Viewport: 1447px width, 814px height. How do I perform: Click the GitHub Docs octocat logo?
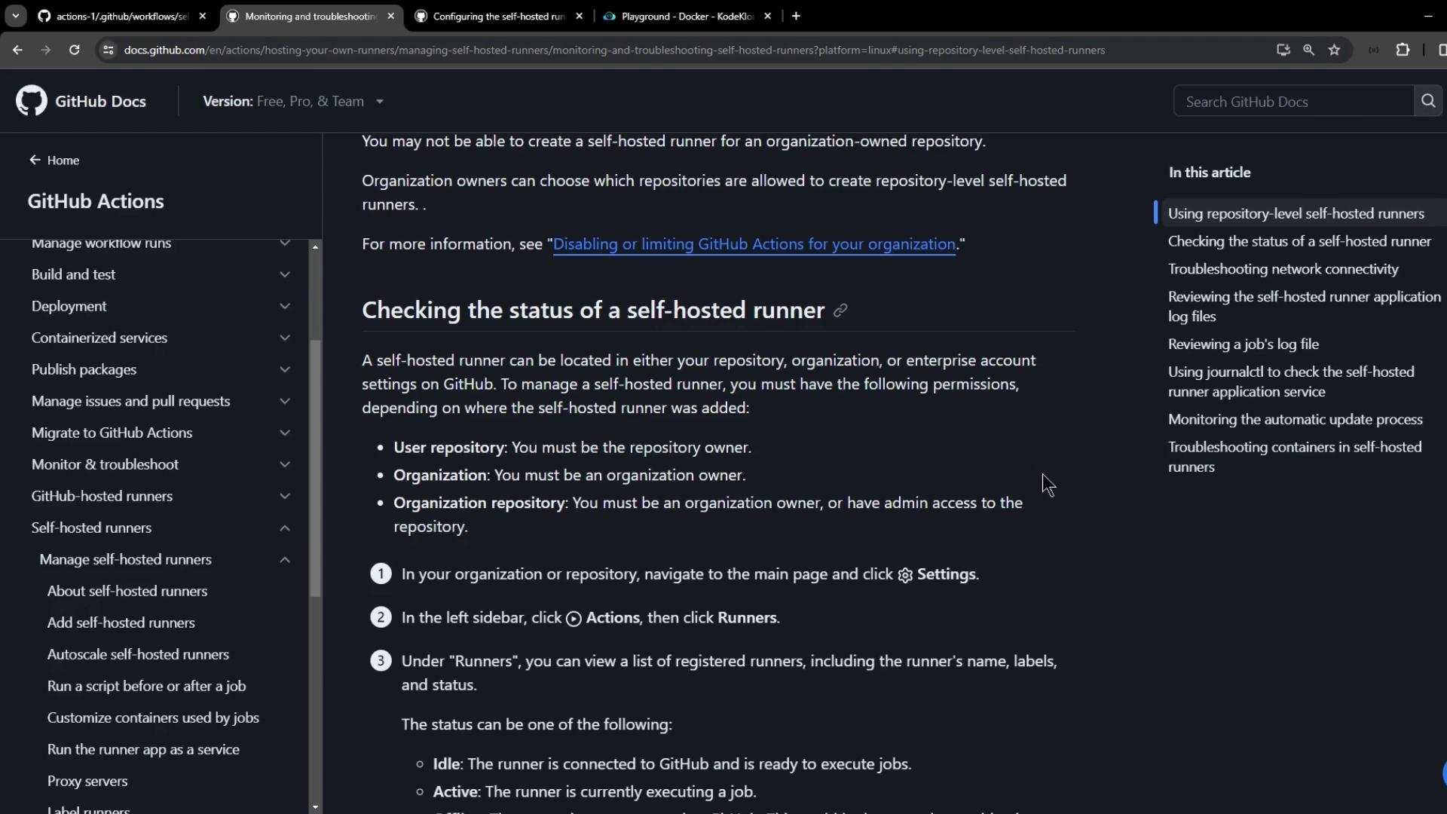(32, 101)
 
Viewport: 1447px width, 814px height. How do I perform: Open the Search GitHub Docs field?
(1293, 102)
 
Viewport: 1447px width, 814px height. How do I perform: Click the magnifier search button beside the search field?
(1428, 101)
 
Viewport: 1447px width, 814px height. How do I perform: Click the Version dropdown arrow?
(380, 102)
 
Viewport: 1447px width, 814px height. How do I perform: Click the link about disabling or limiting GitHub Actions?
(754, 244)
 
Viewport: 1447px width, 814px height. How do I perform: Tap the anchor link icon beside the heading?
(840, 311)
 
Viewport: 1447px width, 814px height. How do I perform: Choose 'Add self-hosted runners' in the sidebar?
(121, 623)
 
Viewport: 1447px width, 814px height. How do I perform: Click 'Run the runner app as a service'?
(143, 749)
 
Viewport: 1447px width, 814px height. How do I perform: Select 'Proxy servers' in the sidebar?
(87, 781)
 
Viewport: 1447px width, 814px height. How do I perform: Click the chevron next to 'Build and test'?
(285, 274)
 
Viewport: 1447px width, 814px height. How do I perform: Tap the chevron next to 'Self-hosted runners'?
(285, 528)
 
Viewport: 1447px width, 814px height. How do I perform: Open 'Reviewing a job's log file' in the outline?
(1243, 344)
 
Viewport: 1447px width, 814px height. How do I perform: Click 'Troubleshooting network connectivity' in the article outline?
(1283, 269)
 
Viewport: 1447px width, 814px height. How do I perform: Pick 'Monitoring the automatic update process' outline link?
(1295, 419)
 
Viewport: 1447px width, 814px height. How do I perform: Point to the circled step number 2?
(381, 617)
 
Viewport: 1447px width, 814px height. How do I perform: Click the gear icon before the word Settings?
(905, 575)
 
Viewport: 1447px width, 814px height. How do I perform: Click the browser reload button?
(74, 50)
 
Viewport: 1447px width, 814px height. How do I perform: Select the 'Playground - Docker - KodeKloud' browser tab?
(686, 16)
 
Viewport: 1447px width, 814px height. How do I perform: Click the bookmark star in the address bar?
(1335, 50)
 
